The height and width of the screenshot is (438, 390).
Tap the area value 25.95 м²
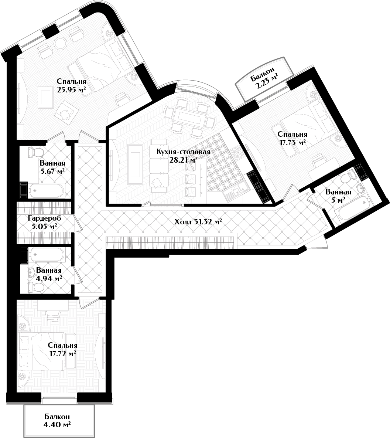tap(71, 90)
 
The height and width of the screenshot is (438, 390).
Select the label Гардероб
tap(45, 218)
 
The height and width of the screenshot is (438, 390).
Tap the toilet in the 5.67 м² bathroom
tap(36, 152)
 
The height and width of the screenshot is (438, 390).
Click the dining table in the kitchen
tap(190, 117)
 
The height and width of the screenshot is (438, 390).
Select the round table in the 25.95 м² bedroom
tap(60, 43)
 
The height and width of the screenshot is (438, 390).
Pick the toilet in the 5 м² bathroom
tap(347, 177)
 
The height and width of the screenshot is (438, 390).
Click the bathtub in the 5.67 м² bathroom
tap(46, 191)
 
